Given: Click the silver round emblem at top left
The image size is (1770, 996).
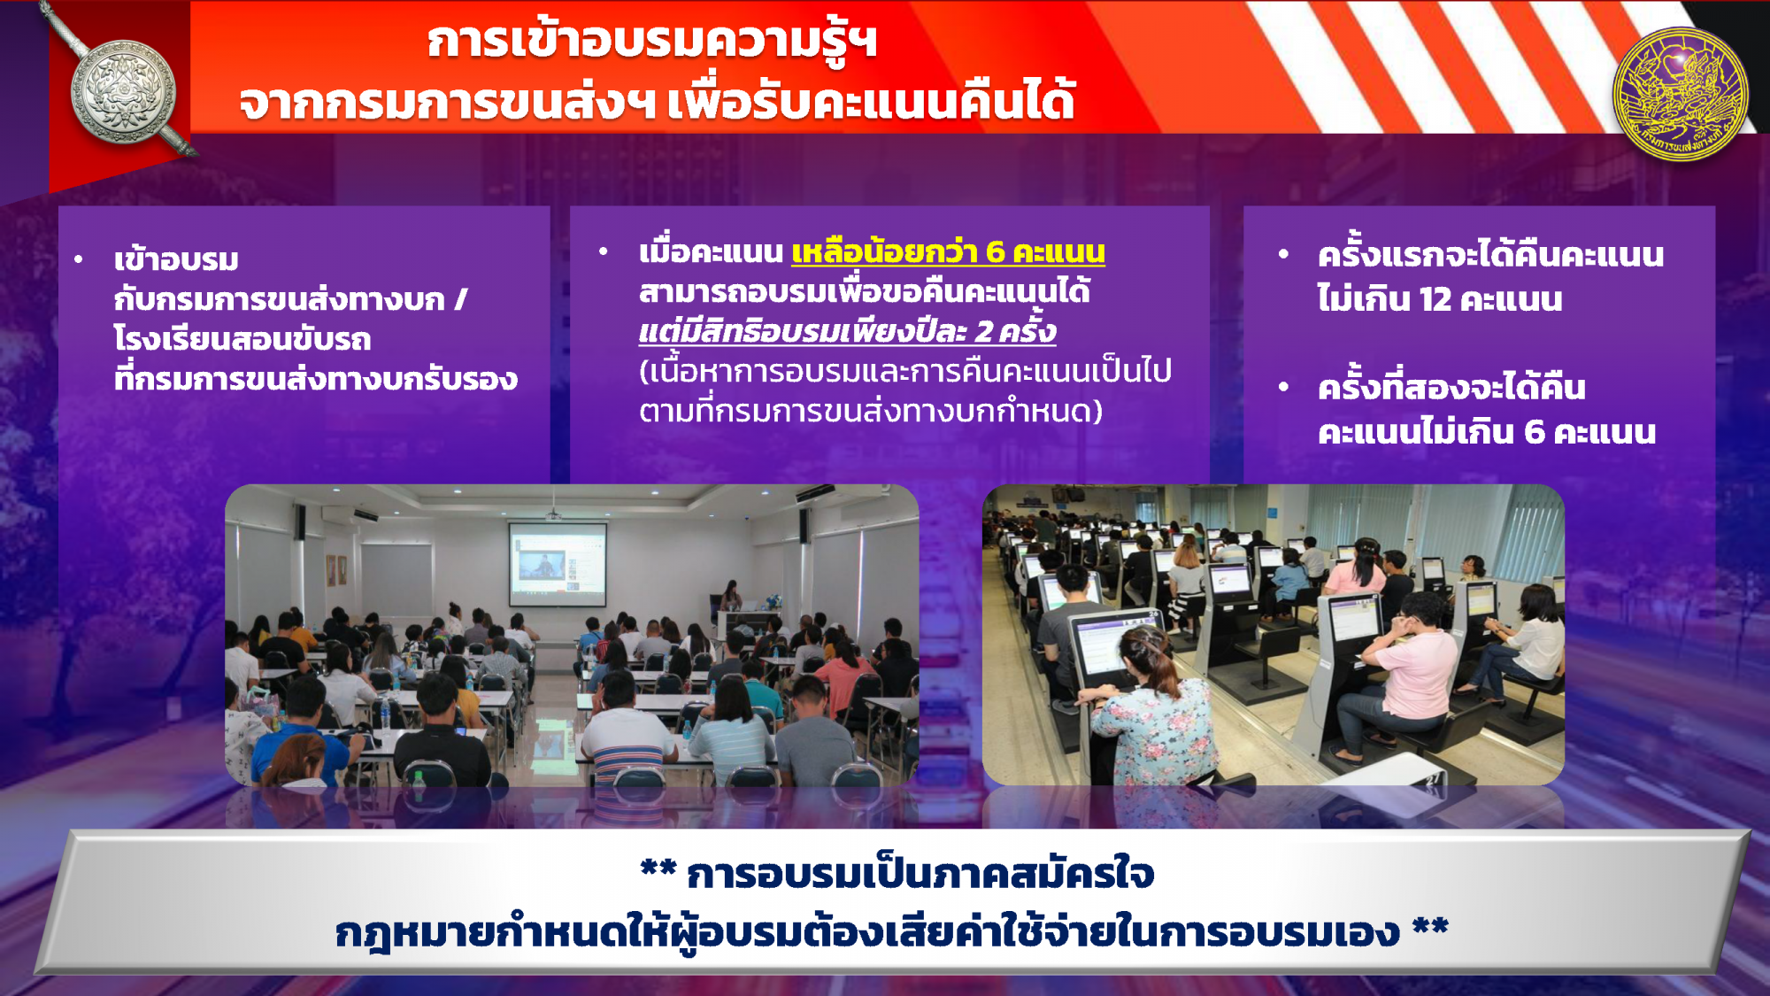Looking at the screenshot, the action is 123,90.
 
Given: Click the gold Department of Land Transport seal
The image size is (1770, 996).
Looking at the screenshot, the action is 1680,94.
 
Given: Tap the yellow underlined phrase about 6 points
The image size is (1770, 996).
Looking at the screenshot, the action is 948,252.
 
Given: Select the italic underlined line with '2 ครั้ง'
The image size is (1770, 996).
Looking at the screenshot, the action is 847,331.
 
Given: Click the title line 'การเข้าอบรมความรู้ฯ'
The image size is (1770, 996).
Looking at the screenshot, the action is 652,42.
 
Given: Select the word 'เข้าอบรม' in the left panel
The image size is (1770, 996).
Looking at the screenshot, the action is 176,259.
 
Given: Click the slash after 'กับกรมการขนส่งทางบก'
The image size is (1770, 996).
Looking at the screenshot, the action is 460,299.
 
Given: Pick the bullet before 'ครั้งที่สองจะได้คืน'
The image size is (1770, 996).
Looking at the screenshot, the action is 1283,387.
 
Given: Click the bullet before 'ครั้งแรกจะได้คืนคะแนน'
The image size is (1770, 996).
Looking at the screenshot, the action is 1283,254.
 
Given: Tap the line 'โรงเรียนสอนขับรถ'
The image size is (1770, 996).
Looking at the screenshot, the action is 242,339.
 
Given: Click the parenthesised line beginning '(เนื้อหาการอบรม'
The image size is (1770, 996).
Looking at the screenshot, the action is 905,370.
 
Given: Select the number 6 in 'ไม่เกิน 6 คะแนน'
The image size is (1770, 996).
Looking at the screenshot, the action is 1534,432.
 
